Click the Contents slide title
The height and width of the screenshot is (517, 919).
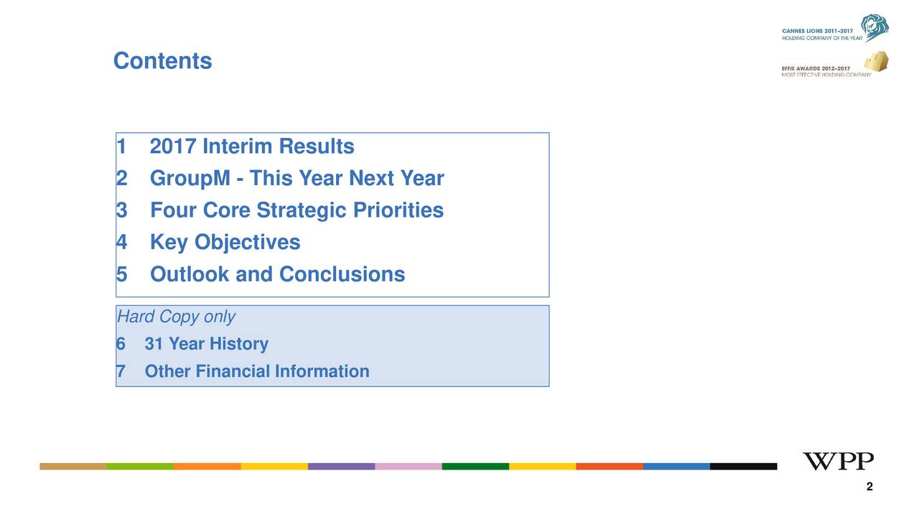pos(162,61)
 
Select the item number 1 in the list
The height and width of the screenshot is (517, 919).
pos(121,147)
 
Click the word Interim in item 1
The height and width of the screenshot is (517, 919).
pos(237,147)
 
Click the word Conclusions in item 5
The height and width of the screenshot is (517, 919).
pos(342,274)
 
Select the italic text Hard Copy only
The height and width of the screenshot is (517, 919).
pos(176,317)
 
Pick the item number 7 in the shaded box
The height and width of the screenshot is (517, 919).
pos(121,371)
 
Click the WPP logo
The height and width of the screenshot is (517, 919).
pos(838,461)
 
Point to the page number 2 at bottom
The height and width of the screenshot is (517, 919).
pos(869,488)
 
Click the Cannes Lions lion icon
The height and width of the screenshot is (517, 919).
pos(875,28)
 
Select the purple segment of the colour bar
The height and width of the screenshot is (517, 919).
pos(341,467)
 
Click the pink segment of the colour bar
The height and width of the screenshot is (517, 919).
pos(409,467)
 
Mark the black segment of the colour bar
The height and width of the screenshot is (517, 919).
pos(743,467)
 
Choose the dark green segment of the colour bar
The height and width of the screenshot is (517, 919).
pos(475,467)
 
